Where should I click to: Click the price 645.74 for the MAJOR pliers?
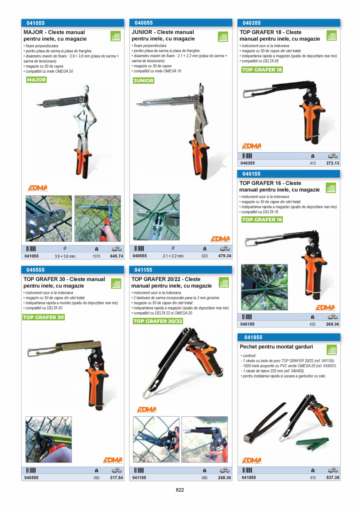coord(117,256)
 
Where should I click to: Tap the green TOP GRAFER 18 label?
coord(262,70)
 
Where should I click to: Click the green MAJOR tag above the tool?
coord(36,80)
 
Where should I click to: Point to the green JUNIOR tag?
coord(143,81)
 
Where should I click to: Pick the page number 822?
coord(180,490)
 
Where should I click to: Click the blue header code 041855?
coord(253,337)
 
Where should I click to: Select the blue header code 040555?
coord(35,270)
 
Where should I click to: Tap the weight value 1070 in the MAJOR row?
coord(96,257)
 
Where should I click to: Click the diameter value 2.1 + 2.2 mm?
coord(173,256)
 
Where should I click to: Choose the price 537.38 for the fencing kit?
coord(333,478)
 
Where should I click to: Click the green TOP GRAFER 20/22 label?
coord(158,321)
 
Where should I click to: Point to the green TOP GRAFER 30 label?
coord(43,317)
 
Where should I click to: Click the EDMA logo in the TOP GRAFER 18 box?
coord(252,146)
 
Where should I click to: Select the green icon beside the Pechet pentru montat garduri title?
coord(331,350)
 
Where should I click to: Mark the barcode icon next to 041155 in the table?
coord(139,470)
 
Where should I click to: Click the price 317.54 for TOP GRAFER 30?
coord(117,478)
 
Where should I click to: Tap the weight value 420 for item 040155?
coord(312,324)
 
